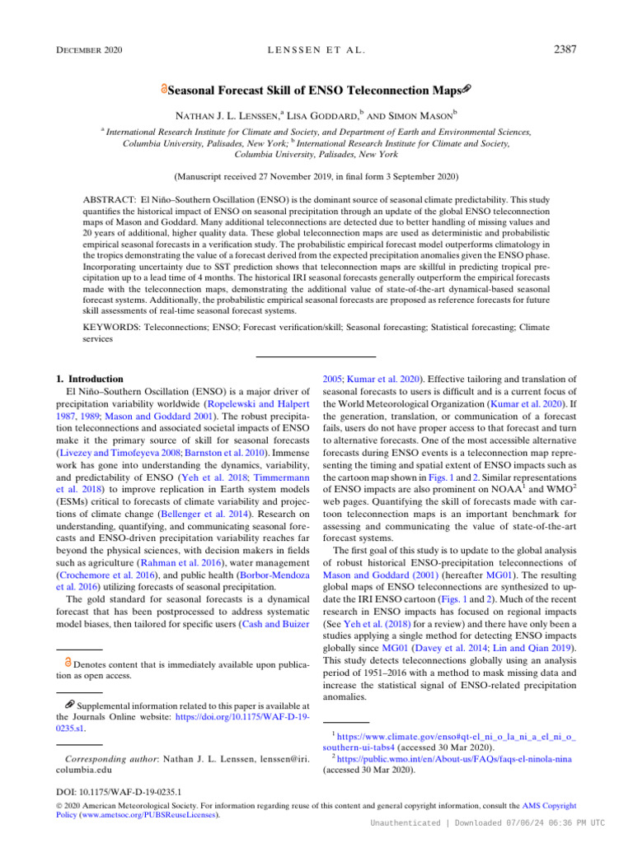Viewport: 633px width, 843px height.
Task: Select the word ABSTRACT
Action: click(111, 200)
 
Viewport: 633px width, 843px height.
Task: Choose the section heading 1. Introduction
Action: click(88, 380)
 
